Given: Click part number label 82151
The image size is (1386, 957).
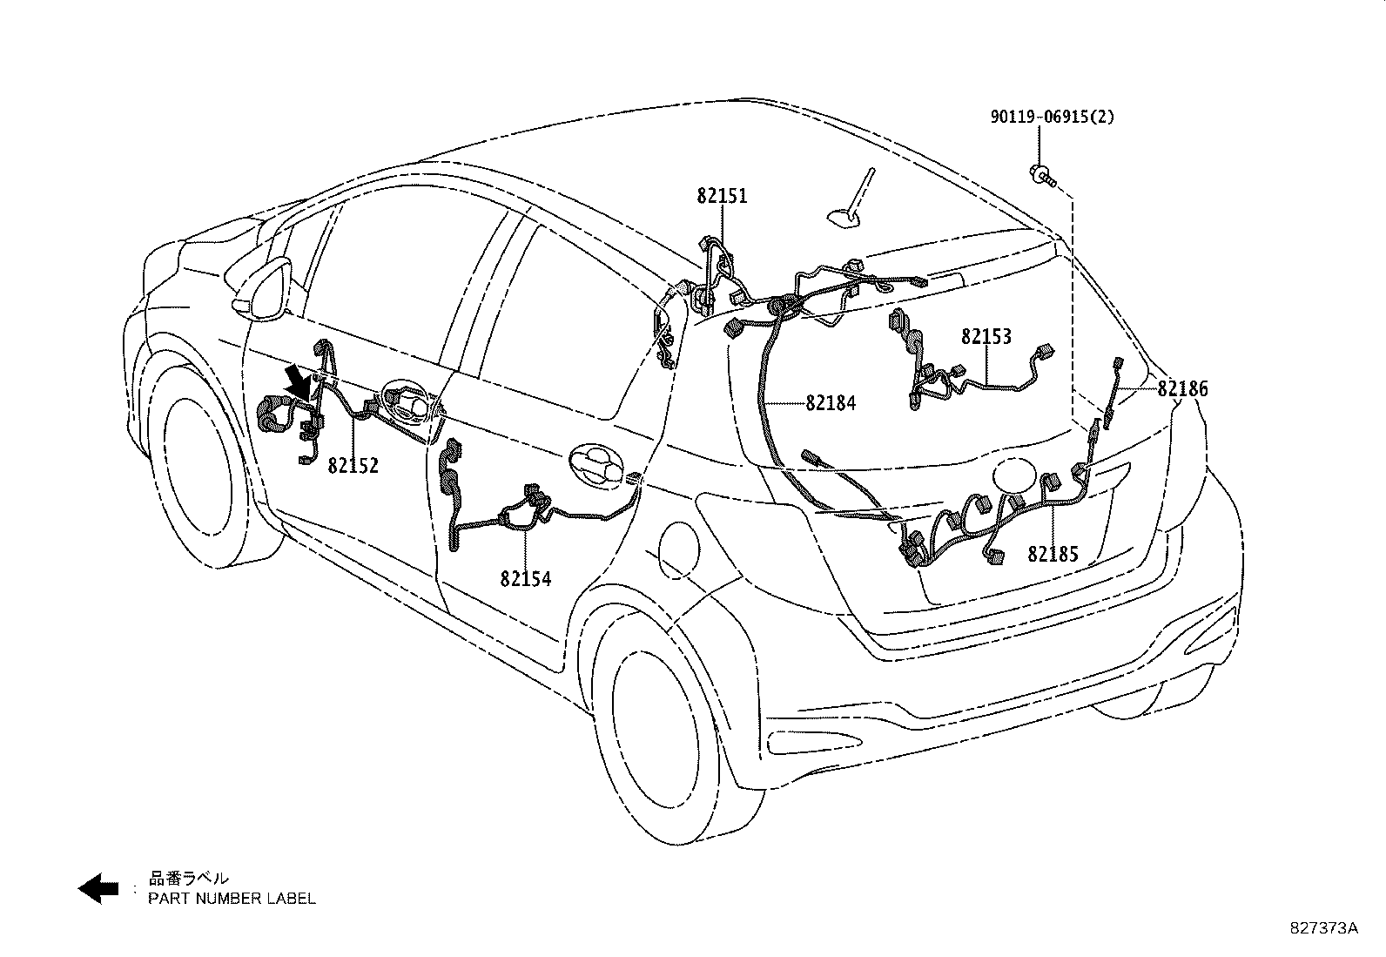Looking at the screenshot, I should (x=722, y=197).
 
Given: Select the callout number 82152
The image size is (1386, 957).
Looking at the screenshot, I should (x=353, y=466).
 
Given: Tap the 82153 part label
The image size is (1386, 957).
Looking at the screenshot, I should (x=986, y=337).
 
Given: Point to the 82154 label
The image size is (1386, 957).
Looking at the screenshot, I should (x=525, y=578).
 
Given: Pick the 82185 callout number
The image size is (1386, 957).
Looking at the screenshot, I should (x=1053, y=554).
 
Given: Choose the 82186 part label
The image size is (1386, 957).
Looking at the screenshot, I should (x=1182, y=389).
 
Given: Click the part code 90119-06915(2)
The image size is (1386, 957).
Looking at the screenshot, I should (x=1051, y=117).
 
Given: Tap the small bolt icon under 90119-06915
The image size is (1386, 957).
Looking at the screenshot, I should (x=1041, y=175).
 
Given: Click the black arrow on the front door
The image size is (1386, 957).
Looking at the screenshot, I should (x=298, y=382).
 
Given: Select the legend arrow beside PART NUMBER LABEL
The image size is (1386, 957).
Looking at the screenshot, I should (x=98, y=887).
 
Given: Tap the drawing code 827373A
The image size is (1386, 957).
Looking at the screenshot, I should (x=1323, y=927).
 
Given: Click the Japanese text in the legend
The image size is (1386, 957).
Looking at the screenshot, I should (x=188, y=879).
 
